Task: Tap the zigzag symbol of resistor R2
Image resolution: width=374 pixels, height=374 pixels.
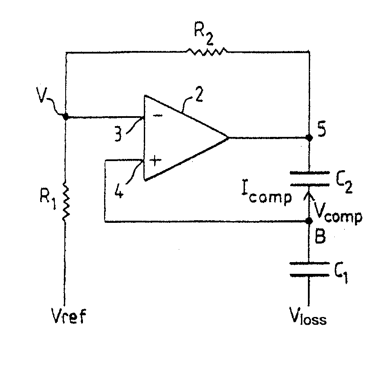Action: coord(207,51)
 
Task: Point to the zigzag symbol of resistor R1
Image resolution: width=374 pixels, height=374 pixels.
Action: coord(66,201)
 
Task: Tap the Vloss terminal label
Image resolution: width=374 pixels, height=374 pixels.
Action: coord(308,316)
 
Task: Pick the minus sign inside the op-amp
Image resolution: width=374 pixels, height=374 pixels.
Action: coord(158,116)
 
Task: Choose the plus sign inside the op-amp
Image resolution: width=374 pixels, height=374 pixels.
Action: coord(155,160)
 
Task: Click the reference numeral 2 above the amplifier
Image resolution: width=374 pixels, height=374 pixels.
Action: coord(199,95)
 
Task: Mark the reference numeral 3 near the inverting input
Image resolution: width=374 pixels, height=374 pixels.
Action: coord(118,134)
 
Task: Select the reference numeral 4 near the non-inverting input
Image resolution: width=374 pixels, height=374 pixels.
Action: coord(119,190)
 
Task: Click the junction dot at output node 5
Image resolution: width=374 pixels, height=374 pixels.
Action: coord(309,137)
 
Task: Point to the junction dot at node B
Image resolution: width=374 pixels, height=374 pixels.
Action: coord(309,221)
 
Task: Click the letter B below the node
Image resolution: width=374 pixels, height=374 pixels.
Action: coord(320,236)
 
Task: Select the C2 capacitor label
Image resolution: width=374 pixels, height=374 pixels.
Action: coord(344,183)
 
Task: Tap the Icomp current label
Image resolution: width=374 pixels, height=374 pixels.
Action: coord(266,195)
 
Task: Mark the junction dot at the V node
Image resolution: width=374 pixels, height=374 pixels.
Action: coord(66,117)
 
